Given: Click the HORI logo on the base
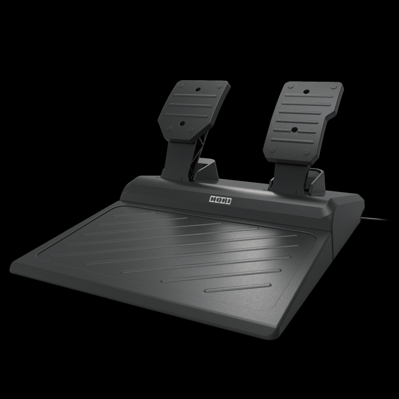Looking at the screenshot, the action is click(x=220, y=200).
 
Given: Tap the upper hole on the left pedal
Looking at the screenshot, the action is click(x=198, y=90).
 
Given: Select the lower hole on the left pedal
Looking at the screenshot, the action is click(x=182, y=124).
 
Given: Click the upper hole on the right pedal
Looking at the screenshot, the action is click(x=307, y=92).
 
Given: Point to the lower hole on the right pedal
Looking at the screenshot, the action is click(x=294, y=130).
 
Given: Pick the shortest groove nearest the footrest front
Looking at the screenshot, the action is click(x=238, y=288).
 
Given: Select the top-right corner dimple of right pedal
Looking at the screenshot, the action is click(x=334, y=87).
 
